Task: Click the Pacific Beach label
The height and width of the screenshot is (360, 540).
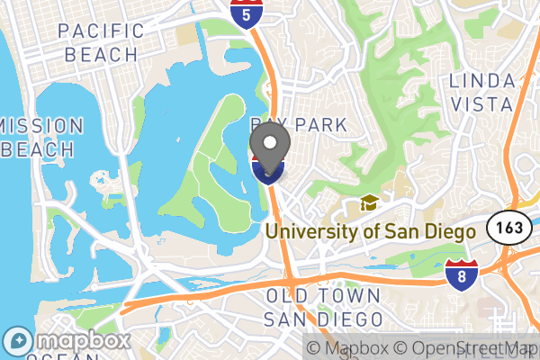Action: pyautogui.click(x=101, y=42)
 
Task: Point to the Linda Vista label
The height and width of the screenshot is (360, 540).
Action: pyautogui.click(x=482, y=93)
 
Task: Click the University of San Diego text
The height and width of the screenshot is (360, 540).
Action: pyautogui.click(x=369, y=231)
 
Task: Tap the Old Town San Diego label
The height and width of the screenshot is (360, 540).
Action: pyautogui.click(x=322, y=307)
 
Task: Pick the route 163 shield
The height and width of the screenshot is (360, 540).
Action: pyautogui.click(x=505, y=228)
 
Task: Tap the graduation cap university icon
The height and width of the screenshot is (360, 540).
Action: pyautogui.click(x=368, y=204)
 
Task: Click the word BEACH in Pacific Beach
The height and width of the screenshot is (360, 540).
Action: pyautogui.click(x=101, y=54)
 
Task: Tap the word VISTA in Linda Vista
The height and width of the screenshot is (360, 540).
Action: pyautogui.click(x=482, y=104)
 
